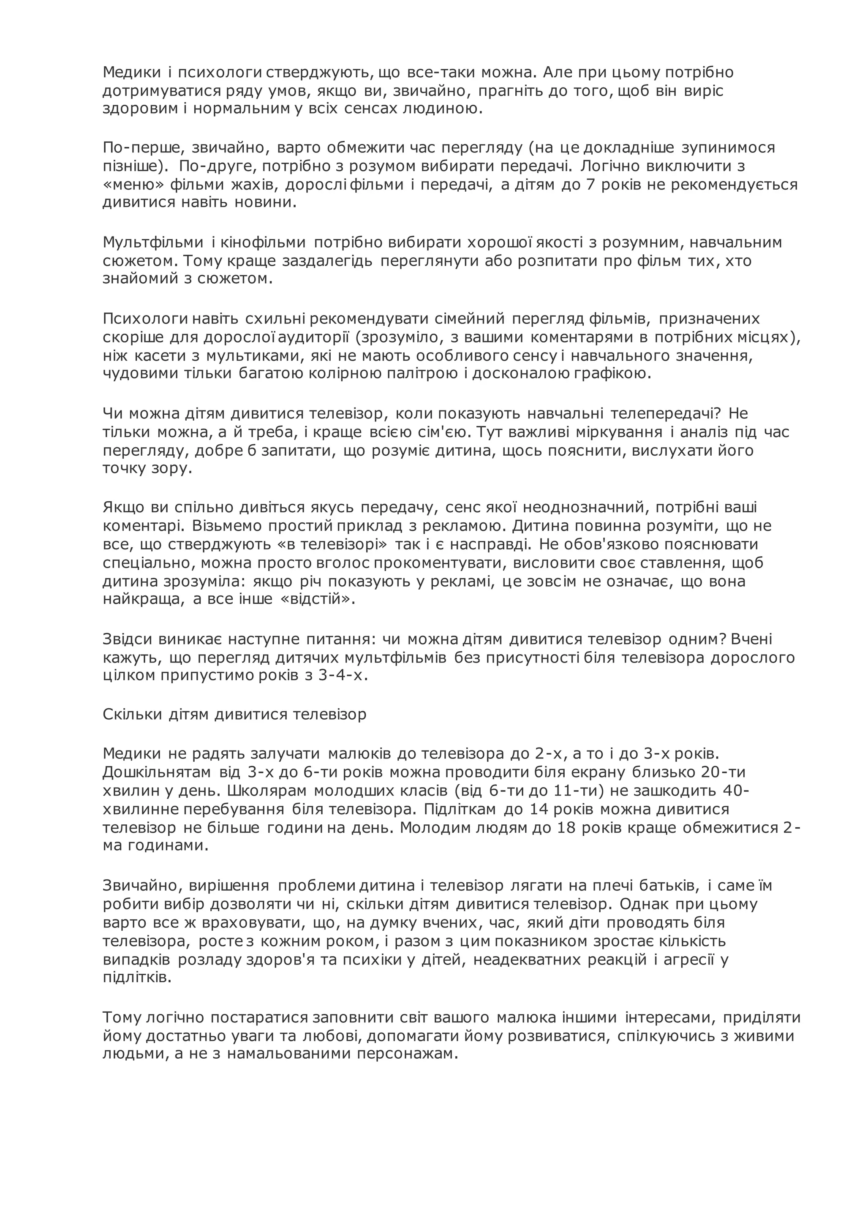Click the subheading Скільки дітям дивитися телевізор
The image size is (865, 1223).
(x=234, y=714)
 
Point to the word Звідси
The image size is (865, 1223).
(x=127, y=639)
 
